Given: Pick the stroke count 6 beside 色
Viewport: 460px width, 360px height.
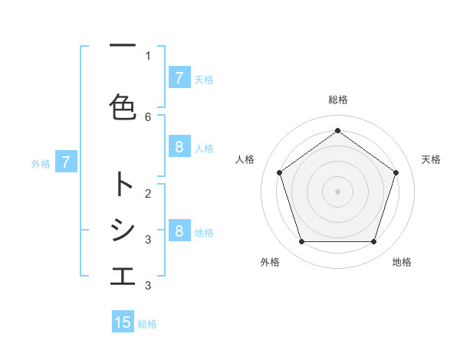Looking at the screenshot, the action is pos(148,116).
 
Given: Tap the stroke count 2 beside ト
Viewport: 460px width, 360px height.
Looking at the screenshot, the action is pos(148,193).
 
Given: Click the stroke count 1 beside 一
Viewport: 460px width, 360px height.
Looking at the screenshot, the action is pos(148,55).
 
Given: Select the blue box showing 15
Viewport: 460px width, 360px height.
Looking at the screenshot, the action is pos(123,322).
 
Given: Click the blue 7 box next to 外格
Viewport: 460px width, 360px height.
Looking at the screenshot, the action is pos(66,162).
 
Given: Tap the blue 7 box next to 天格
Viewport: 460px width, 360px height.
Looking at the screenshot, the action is pos(179,78).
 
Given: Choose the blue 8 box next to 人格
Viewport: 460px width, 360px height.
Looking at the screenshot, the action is pos(179,148).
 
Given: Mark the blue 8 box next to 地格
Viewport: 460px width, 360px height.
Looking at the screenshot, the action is pos(179,231).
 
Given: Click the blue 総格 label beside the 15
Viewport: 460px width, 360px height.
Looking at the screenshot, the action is pos(147,324).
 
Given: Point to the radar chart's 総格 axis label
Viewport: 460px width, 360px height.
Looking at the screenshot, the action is pos(337,100).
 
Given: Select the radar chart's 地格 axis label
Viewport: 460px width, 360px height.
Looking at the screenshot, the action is pos(402,262).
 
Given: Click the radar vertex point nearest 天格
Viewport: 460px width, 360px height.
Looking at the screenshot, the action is pos(396,172).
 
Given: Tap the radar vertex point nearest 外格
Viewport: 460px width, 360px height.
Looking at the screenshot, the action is pos(301,242).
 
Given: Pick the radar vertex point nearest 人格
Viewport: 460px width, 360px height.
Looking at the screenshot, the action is pos(279,172).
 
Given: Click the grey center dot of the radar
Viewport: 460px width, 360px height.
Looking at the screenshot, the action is pos(337,191).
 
